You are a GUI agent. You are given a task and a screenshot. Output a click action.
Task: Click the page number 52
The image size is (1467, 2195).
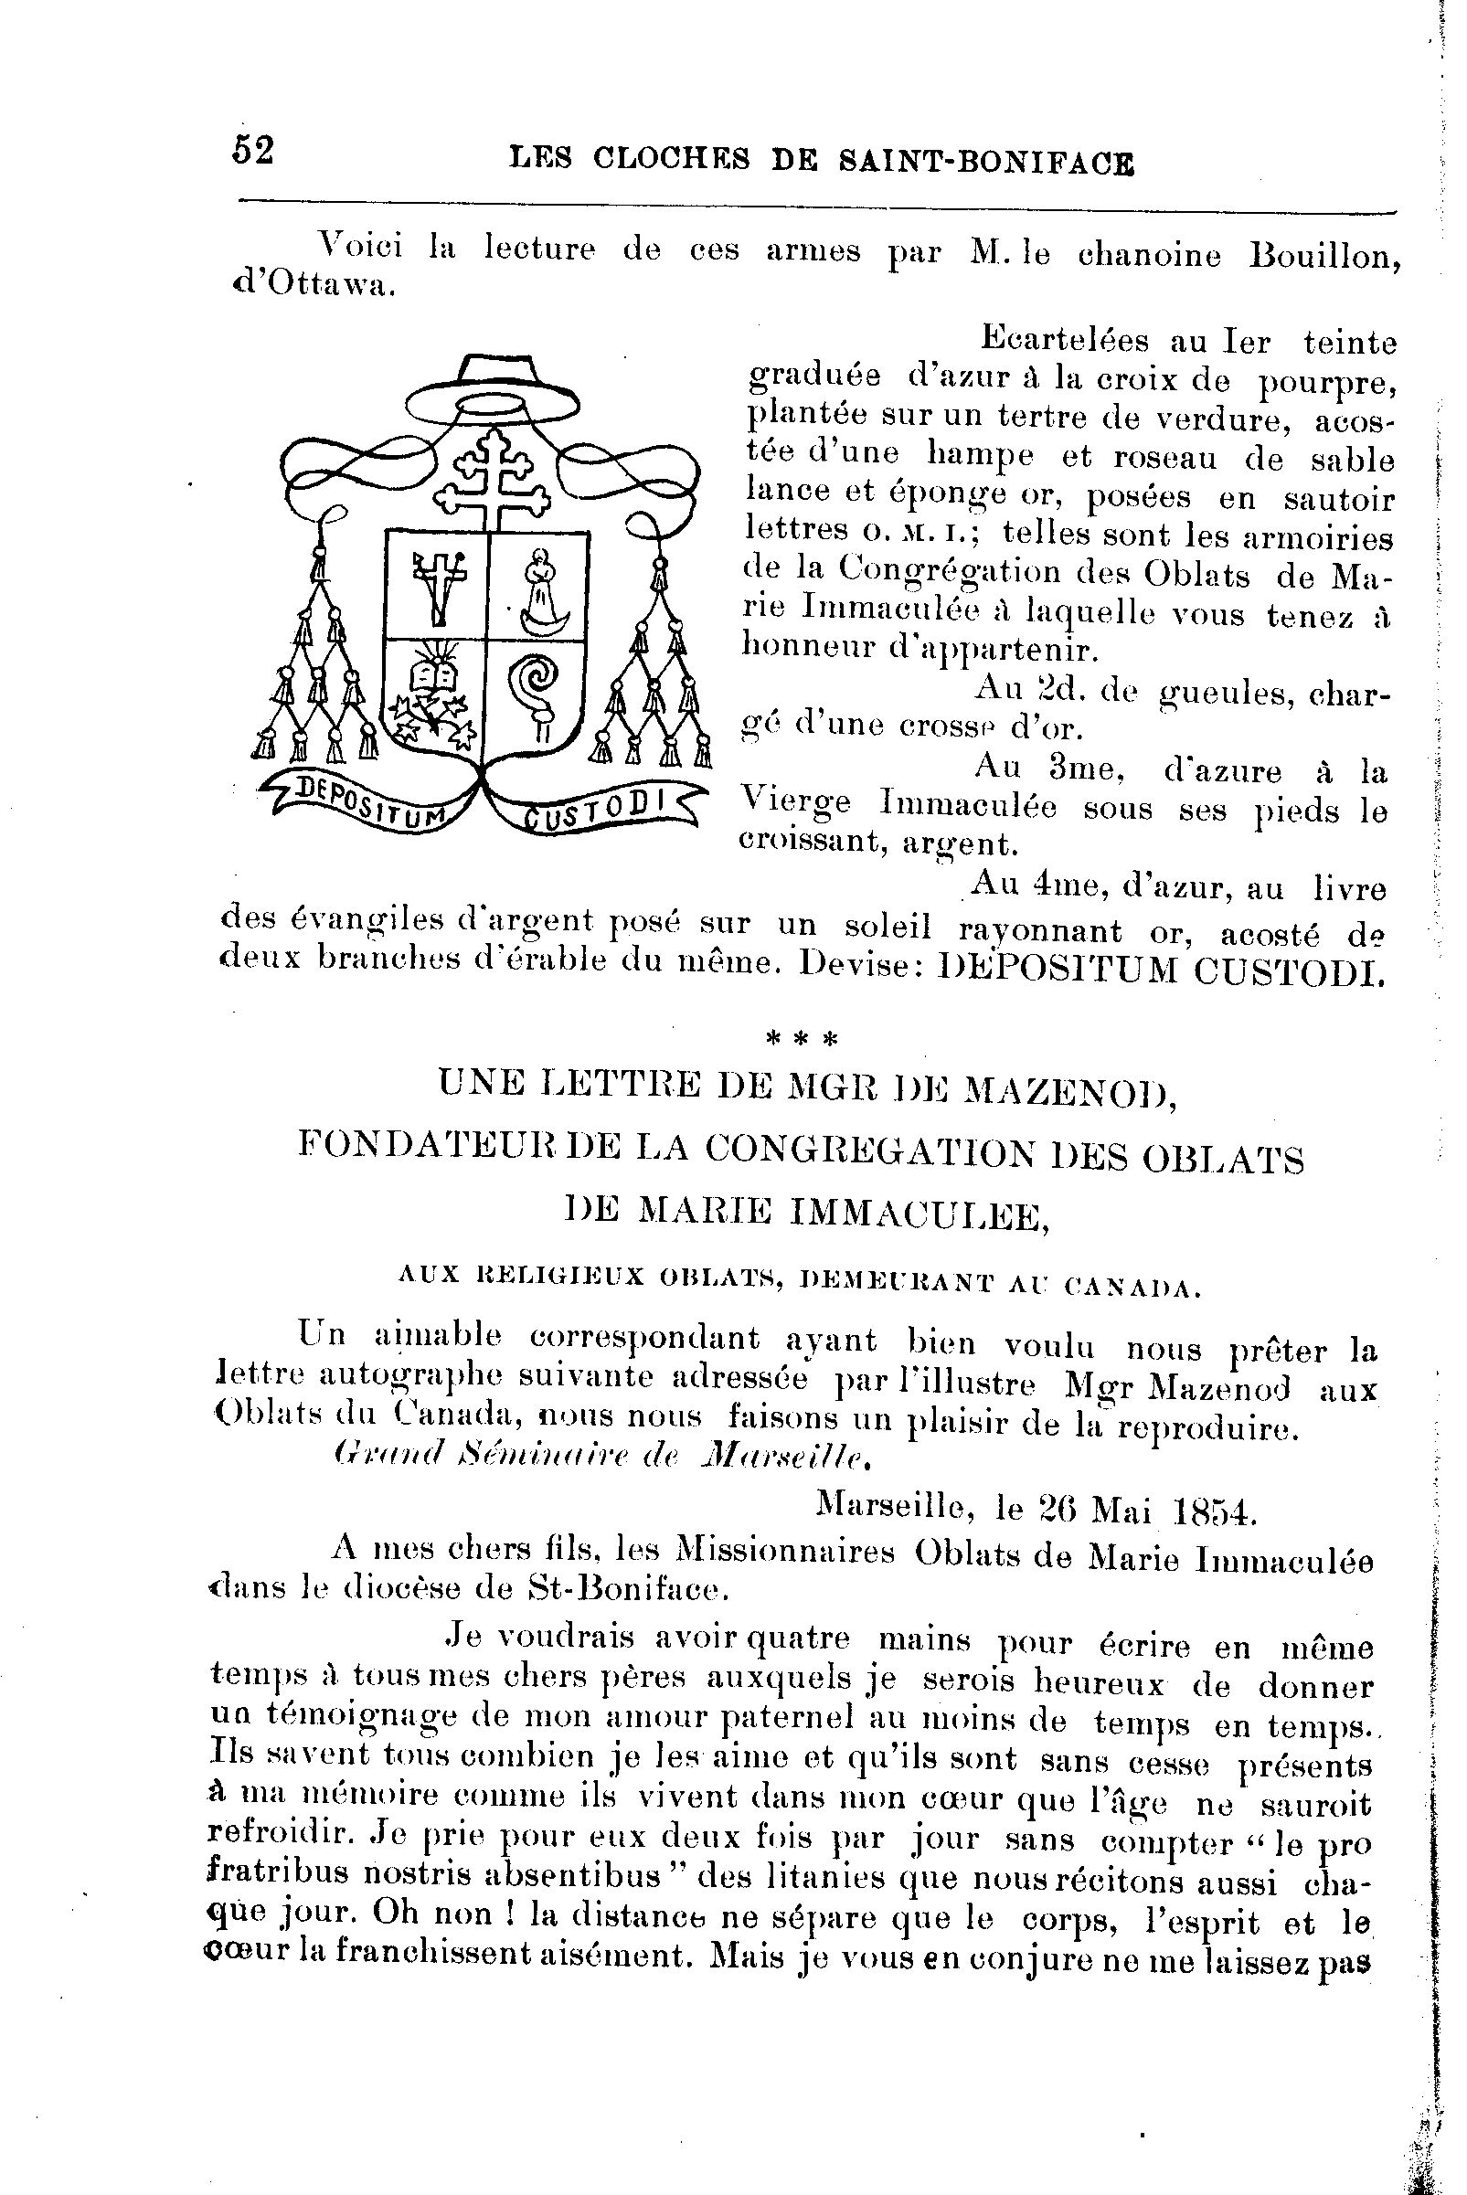tap(252, 150)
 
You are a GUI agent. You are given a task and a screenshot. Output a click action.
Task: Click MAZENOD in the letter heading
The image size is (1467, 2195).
tap(1069, 1089)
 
